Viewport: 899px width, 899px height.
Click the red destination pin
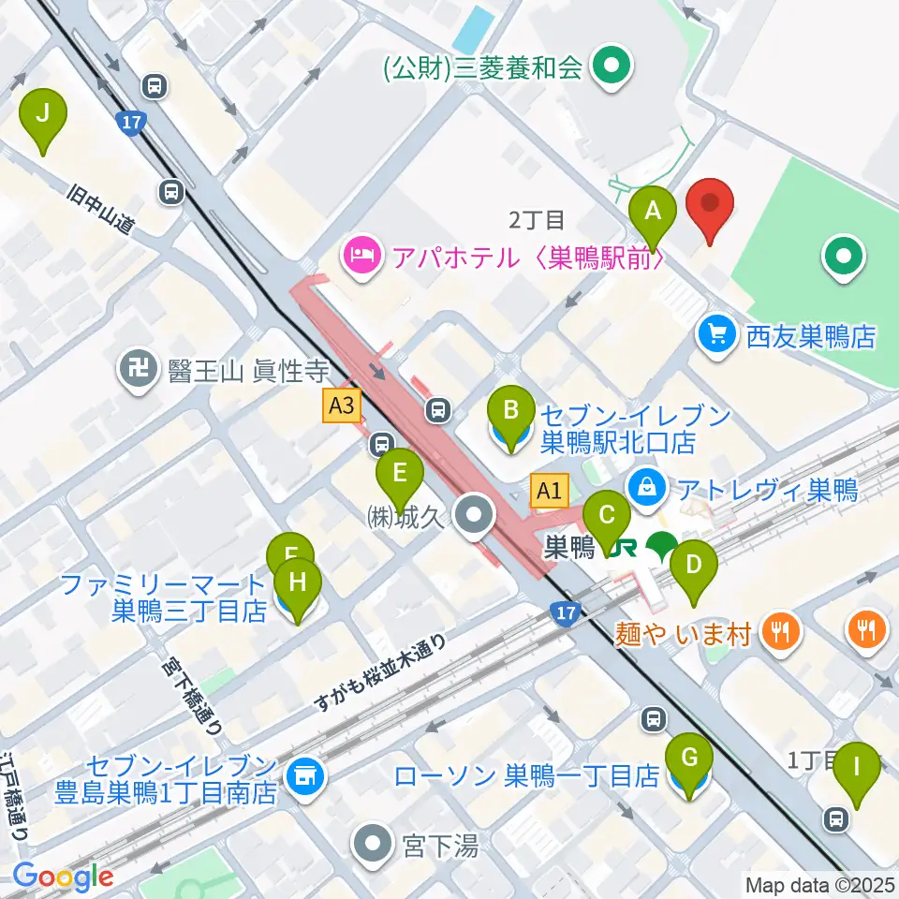point(710,209)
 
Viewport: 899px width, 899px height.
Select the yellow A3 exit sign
point(342,405)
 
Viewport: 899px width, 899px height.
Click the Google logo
point(64,877)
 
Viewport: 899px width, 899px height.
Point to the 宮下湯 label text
point(441,847)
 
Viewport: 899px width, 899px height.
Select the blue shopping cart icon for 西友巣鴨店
point(717,335)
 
